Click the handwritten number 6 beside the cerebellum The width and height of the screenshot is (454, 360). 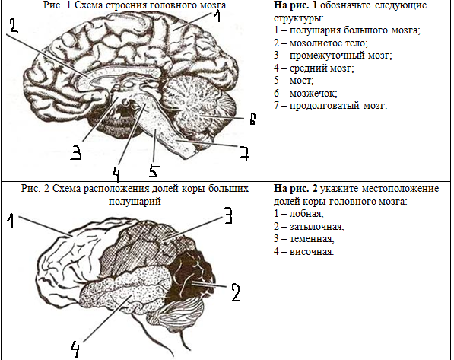[x=252, y=119]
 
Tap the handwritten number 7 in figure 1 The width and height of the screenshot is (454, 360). [x=245, y=153]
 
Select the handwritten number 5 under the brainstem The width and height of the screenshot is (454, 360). [x=154, y=171]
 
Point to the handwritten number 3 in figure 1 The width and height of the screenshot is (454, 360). [x=76, y=153]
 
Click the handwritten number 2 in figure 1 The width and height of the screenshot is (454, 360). [x=14, y=26]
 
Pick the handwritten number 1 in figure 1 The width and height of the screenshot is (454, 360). [x=217, y=16]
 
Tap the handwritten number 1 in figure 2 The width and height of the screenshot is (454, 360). [x=11, y=220]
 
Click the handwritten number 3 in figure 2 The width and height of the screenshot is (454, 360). [x=228, y=215]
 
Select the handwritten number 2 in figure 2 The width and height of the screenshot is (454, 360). [x=236, y=292]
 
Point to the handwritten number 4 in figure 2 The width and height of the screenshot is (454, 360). [x=75, y=349]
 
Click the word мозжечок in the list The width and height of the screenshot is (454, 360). [x=313, y=93]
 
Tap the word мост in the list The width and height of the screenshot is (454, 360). [x=301, y=80]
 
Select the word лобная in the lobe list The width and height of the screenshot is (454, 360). [x=306, y=214]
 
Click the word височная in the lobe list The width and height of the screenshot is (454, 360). [x=312, y=251]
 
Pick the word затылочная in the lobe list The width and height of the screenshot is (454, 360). [x=317, y=226]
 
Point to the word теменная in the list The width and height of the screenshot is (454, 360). [x=312, y=239]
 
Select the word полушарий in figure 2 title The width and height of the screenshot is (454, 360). [x=135, y=201]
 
